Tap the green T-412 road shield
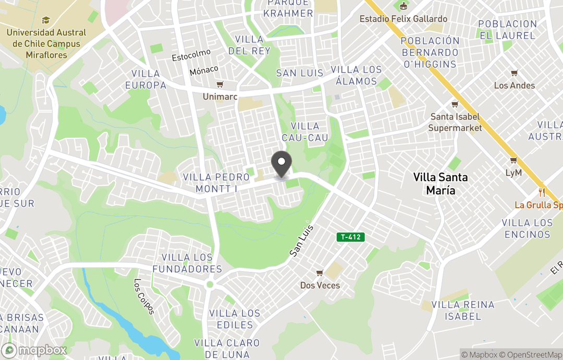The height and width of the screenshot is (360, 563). (351, 237)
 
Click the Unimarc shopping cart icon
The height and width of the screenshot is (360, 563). (219, 85)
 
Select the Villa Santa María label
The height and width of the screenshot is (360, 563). (440, 184)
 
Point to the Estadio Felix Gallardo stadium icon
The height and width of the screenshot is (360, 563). (403, 7)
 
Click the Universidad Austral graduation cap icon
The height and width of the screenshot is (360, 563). (45, 20)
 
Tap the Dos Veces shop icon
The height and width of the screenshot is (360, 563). (320, 273)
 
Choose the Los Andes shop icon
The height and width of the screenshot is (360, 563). (514, 73)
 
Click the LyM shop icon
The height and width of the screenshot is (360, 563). (513, 160)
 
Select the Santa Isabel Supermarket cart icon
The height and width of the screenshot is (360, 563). (455, 104)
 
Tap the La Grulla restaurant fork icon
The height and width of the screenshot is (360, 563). (542, 192)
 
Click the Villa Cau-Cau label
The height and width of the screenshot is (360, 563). (305, 132)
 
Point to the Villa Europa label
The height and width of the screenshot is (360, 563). (145, 79)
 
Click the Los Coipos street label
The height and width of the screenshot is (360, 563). (144, 296)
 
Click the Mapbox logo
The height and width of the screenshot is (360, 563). (34, 350)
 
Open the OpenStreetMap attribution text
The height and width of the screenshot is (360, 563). (531, 355)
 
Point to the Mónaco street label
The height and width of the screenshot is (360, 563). (204, 70)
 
